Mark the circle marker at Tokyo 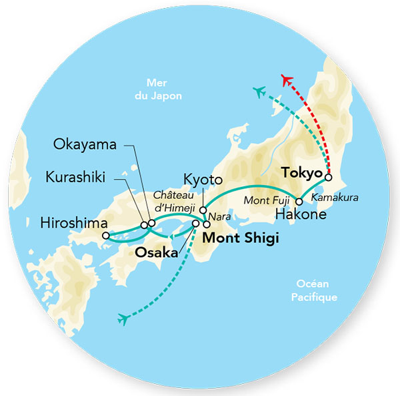coord(328,178)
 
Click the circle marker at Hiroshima coord(105,235)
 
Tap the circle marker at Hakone coord(299,202)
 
